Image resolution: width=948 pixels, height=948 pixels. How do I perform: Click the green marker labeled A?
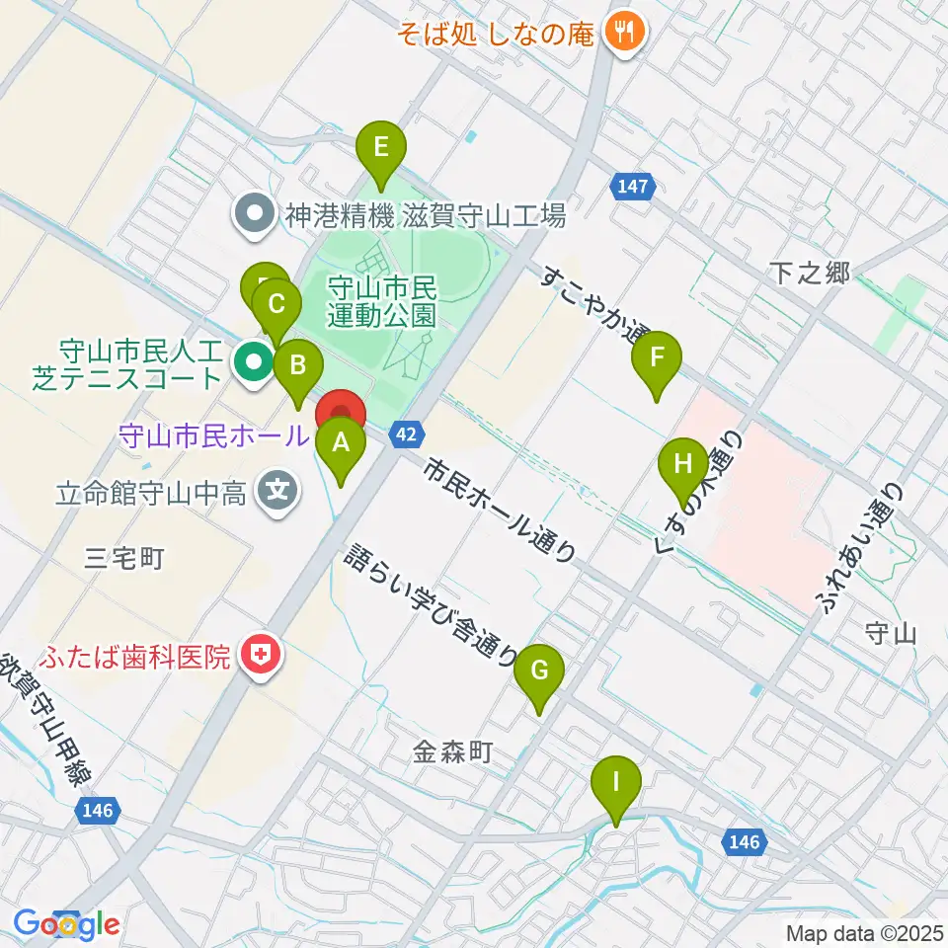point(340,442)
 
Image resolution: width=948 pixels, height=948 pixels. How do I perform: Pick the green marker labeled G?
point(539,671)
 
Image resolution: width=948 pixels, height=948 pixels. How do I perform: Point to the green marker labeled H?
point(683,463)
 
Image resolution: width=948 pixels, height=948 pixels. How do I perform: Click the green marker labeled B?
point(298,366)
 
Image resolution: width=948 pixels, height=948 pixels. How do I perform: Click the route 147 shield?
point(633,185)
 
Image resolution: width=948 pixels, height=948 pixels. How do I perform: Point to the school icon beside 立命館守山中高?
point(278,491)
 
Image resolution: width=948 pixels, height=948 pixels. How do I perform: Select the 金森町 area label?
point(451,753)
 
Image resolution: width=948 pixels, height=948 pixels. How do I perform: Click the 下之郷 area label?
point(810,274)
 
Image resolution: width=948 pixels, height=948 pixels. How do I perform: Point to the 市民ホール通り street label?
point(499,511)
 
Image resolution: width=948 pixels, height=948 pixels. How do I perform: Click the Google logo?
point(66,925)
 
